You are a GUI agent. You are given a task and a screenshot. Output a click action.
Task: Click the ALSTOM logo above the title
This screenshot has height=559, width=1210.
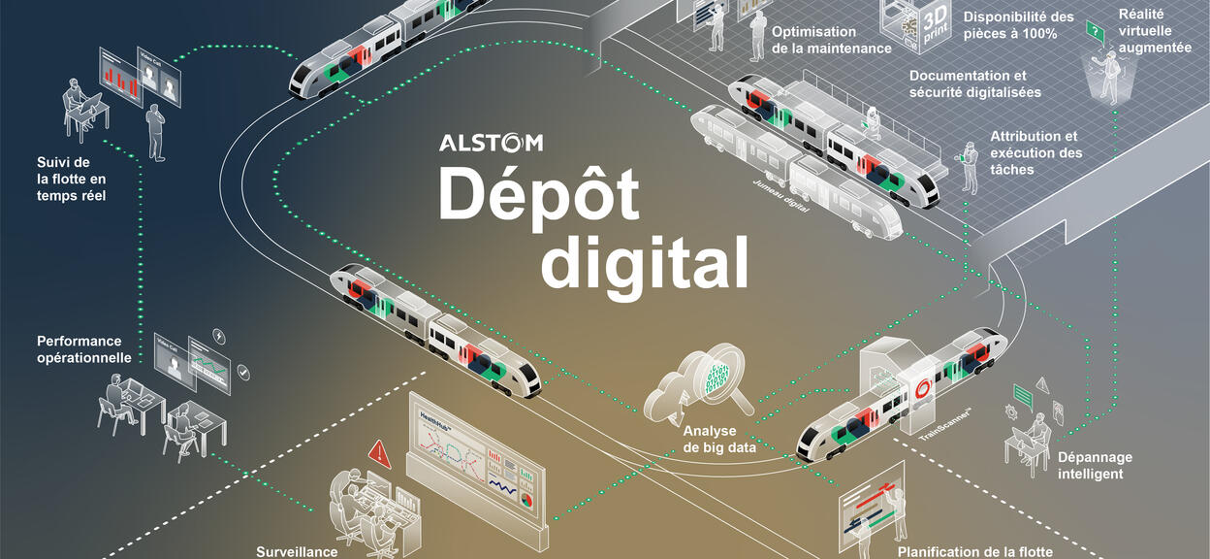tap(491, 144)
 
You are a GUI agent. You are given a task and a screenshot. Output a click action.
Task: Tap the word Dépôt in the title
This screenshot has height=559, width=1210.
tap(538, 194)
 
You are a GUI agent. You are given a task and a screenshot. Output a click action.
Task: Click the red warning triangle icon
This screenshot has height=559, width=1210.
tap(379, 452)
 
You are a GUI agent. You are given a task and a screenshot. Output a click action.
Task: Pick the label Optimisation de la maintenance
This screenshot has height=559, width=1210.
tap(831, 40)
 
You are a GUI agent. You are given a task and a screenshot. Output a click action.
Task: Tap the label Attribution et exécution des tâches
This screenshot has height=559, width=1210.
tap(1034, 153)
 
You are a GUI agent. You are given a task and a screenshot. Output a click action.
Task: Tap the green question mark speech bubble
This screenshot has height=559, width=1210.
tap(1095, 32)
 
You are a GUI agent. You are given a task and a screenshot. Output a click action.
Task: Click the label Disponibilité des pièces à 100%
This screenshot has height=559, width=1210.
tap(1018, 24)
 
